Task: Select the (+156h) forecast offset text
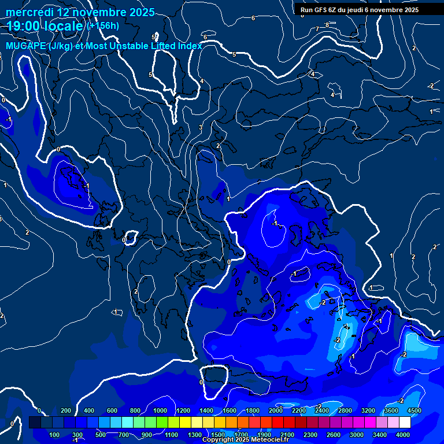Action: point(103,25)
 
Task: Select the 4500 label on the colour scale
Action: point(413,410)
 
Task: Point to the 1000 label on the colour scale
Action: point(160,410)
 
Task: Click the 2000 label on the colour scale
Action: point(275,410)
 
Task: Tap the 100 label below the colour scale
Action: point(55,435)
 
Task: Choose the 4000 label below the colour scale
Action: point(403,435)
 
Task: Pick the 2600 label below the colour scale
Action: point(334,435)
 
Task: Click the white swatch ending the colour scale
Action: point(421,423)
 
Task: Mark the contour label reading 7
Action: point(317,29)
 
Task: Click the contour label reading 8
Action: point(327,25)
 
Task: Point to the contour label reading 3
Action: point(201,127)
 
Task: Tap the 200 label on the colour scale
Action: point(66,410)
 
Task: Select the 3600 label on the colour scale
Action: point(391,410)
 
